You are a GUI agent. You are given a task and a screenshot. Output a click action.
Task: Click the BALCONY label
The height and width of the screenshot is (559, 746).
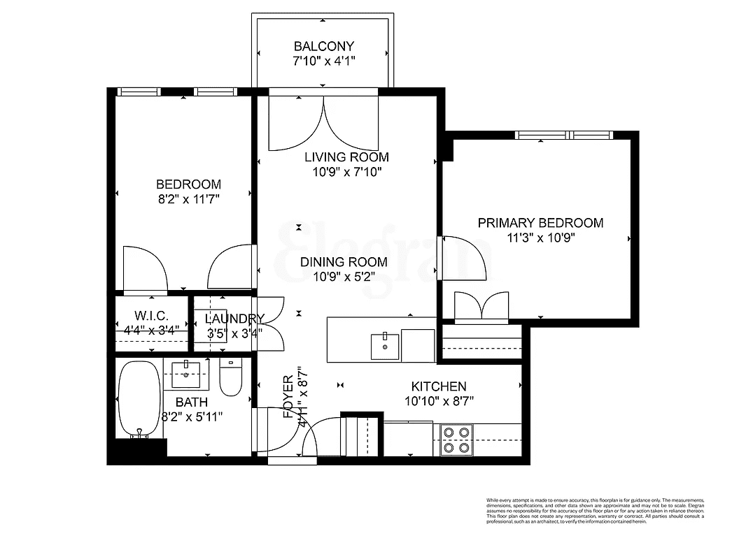point(323,47)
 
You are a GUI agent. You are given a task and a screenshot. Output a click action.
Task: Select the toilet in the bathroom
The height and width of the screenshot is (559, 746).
point(230,378)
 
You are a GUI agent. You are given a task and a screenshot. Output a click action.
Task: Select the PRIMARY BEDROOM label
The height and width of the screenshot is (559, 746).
point(540,223)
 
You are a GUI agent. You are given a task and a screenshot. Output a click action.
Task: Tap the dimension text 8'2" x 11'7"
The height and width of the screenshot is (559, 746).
point(188,199)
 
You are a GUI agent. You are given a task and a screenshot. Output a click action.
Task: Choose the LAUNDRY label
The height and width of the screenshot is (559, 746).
point(234,319)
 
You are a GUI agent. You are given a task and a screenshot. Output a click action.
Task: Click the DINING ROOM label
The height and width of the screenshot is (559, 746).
point(344,262)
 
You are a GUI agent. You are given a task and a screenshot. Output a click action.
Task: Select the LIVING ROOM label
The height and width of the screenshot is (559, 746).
point(346,157)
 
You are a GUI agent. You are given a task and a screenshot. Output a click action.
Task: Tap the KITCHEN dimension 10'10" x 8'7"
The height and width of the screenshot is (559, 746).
point(439,401)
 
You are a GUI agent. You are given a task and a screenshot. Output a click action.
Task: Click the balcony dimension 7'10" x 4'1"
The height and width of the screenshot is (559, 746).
point(323,61)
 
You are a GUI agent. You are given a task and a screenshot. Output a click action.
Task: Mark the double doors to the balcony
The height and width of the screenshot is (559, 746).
point(323,122)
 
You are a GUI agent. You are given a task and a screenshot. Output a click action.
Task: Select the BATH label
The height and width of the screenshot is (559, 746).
point(191,402)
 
